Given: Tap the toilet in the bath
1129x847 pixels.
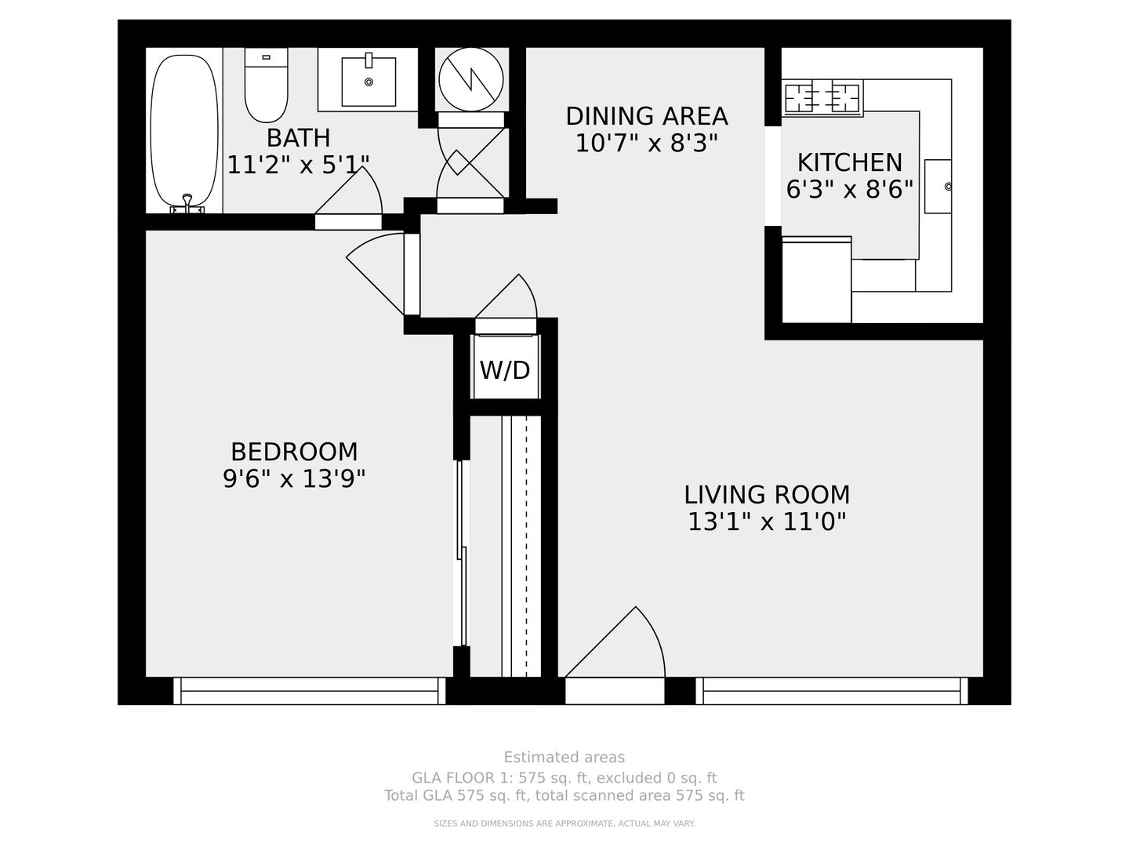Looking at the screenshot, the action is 266,85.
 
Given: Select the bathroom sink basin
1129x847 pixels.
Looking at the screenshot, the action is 368,82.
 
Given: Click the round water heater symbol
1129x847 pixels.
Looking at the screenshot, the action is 470,80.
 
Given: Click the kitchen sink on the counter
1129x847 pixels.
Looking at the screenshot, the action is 938,186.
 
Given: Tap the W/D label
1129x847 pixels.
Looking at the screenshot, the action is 505,369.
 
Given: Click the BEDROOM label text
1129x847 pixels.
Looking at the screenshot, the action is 294,452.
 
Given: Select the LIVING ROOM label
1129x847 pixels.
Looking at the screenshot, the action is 767,495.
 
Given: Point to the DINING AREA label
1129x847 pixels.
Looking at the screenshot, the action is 647,116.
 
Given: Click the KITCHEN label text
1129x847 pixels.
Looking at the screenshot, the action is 850,162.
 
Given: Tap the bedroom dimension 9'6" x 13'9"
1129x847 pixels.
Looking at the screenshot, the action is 294,479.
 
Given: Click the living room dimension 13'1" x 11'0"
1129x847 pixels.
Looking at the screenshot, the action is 767,522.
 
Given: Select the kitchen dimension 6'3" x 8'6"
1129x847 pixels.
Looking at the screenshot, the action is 850,190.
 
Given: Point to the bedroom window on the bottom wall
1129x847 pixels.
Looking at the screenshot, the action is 309,691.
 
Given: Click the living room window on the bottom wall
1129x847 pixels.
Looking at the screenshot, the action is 832,691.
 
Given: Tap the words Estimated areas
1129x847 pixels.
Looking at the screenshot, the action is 564,757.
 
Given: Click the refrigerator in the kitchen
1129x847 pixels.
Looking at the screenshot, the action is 817,280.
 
